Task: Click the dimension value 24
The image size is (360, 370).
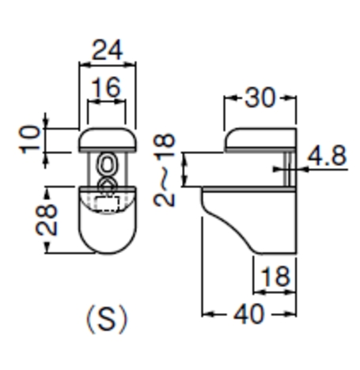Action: pyautogui.click(x=107, y=50)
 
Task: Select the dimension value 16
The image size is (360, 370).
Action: pyautogui.click(x=106, y=87)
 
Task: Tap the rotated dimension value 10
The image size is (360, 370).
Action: pyautogui.click(x=30, y=139)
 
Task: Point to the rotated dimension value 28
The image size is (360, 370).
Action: pyautogui.click(x=47, y=220)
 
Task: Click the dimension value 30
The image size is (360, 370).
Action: pyautogui.click(x=260, y=98)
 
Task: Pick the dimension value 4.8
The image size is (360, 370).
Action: pyautogui.click(x=327, y=156)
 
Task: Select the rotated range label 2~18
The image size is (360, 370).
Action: pyautogui.click(x=165, y=170)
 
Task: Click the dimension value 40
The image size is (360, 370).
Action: pyautogui.click(x=248, y=314)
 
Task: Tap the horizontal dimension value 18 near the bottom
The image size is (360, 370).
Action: pyautogui.click(x=275, y=277)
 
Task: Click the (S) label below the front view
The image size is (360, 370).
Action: pyautogui.click(x=107, y=319)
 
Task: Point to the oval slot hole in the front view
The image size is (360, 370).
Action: pyautogui.click(x=107, y=164)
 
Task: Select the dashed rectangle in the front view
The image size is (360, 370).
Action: pyautogui.click(x=107, y=203)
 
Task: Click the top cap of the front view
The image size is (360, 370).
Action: pyautogui.click(x=108, y=140)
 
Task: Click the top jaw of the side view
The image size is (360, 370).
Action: pyautogui.click(x=260, y=140)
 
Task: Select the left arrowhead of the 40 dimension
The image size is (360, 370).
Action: pyautogui.click(x=207, y=314)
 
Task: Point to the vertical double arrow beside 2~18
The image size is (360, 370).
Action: pyautogui.click(x=185, y=169)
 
